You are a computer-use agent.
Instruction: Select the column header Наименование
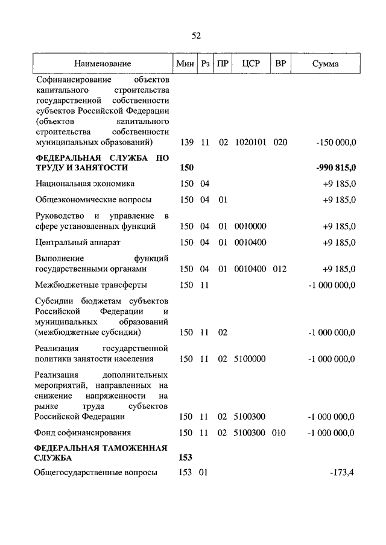103,63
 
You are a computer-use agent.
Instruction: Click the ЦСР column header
250,63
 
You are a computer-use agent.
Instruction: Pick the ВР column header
280,63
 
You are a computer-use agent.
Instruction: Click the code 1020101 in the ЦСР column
250,143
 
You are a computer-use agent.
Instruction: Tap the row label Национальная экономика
85,183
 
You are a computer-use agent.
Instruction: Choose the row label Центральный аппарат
78,242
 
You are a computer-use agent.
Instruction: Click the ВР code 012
280,269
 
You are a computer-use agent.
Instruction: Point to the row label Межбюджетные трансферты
91,285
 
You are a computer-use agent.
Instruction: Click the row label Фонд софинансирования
83,432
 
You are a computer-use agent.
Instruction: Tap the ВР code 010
280,432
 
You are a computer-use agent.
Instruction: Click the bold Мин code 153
186,458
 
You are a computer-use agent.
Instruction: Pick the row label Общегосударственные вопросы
96,473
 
